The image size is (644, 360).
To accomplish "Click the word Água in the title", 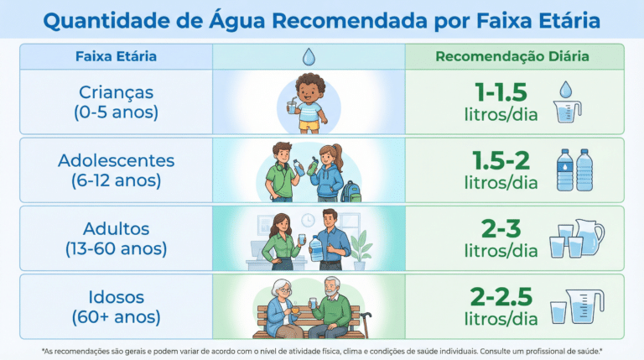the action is coord(237,19).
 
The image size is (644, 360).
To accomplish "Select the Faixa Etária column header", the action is coord(116,56).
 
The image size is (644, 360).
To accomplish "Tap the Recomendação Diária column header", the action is coord(512,56).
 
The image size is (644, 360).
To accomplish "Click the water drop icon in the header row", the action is coord(309,57).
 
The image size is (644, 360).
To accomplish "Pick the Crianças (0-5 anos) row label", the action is coord(117,102).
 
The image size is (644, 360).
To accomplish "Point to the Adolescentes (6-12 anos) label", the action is coord(117,170).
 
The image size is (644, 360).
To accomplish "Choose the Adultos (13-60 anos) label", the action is coord(117,238).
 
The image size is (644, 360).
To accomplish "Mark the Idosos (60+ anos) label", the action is coord(117,306).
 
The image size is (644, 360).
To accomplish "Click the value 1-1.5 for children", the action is coord(501,92).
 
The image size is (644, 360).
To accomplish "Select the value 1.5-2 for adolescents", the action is coord(501,160).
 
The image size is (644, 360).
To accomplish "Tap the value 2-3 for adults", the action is coord(501,228).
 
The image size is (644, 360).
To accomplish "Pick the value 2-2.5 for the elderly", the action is coord(501,297).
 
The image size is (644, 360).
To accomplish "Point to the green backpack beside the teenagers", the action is coord(351,191).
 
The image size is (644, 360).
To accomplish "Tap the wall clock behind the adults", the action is coord(308,221).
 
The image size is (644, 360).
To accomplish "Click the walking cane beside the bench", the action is coord(365,324).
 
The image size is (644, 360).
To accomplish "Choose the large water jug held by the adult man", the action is coord(316,248).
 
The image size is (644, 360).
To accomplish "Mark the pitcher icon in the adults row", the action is coord(589,237).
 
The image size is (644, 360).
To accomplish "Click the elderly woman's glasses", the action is coord(284,290).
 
